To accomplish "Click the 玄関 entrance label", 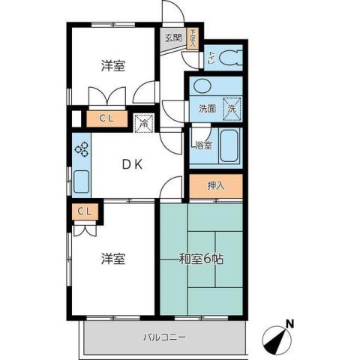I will (172, 37).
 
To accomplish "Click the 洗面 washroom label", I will (207, 108).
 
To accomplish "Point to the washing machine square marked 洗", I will (232, 108).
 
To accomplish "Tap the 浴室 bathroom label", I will (202, 145).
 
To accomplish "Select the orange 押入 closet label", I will (215, 185).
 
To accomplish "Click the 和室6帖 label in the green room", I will (199, 259).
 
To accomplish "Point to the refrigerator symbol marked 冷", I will (142, 120).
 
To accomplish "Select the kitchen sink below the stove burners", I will (81, 181).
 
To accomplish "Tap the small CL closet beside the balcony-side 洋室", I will (84, 211).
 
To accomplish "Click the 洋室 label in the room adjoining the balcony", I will (113, 259).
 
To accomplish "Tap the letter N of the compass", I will (289, 324).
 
